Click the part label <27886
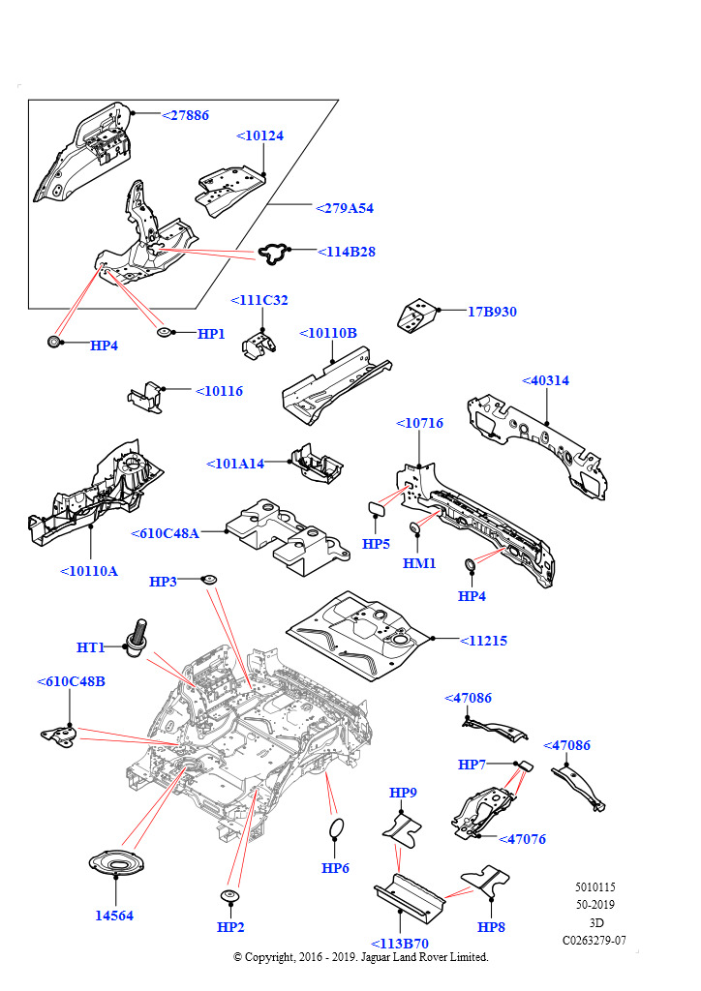coord(184,115)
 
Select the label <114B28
coord(346,253)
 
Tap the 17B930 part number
coord(492,313)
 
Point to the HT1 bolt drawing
coord(135,636)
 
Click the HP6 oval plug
coord(335,828)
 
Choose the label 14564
coord(113,916)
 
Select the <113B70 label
coord(399,944)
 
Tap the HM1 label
coord(419,563)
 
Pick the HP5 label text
coord(376,545)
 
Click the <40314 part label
coord(545,381)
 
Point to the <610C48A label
coord(165,533)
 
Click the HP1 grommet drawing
coord(165,334)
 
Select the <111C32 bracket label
coord(259,301)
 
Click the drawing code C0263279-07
coord(594,940)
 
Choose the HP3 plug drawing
coord(207,580)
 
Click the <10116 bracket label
coord(219,392)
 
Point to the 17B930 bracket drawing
coord(417,315)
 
